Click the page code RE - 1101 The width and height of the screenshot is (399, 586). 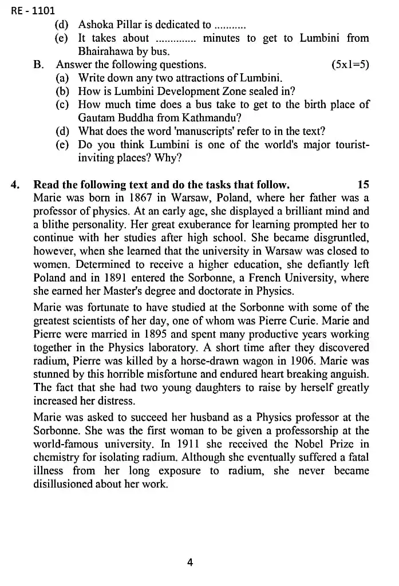33,10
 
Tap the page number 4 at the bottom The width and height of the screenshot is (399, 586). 190,562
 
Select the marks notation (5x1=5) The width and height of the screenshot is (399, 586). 350,65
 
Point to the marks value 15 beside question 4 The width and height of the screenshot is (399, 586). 363,184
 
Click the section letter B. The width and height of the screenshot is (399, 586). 39,65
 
